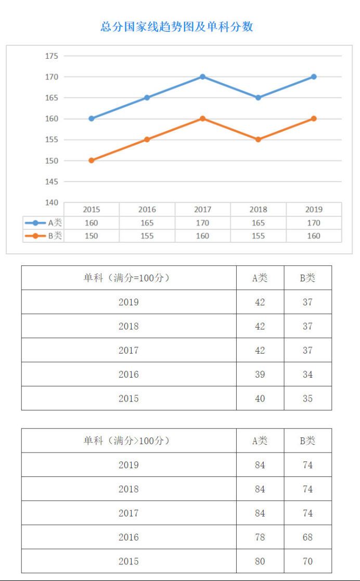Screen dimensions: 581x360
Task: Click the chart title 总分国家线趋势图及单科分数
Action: click(x=177, y=27)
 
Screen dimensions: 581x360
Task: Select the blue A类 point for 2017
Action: click(x=202, y=77)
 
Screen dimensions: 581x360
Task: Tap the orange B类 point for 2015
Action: click(x=92, y=161)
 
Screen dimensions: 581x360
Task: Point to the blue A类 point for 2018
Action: click(x=258, y=98)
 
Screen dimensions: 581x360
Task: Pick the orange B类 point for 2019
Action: click(x=314, y=119)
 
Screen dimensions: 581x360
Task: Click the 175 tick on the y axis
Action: click(x=52, y=56)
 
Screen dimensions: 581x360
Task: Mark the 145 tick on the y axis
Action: click(x=52, y=182)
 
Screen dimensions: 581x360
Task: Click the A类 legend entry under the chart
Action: click(x=44, y=223)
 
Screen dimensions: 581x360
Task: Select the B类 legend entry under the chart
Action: click(x=44, y=236)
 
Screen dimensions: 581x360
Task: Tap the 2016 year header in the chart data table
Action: click(x=147, y=210)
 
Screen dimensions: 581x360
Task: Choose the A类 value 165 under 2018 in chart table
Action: click(x=258, y=223)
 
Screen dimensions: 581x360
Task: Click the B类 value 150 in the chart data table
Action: click(x=92, y=236)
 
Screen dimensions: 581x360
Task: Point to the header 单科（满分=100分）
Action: click(x=128, y=278)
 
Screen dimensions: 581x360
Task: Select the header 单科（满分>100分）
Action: click(x=128, y=441)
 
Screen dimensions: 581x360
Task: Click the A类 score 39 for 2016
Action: click(x=260, y=375)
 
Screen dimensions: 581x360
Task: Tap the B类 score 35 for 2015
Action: click(x=307, y=398)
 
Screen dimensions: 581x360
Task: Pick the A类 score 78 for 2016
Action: click(x=260, y=537)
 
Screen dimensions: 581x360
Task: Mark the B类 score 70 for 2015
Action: click(x=307, y=561)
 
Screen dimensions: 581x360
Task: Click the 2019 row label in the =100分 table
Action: click(x=128, y=302)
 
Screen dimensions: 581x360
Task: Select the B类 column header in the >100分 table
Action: click(x=307, y=441)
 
